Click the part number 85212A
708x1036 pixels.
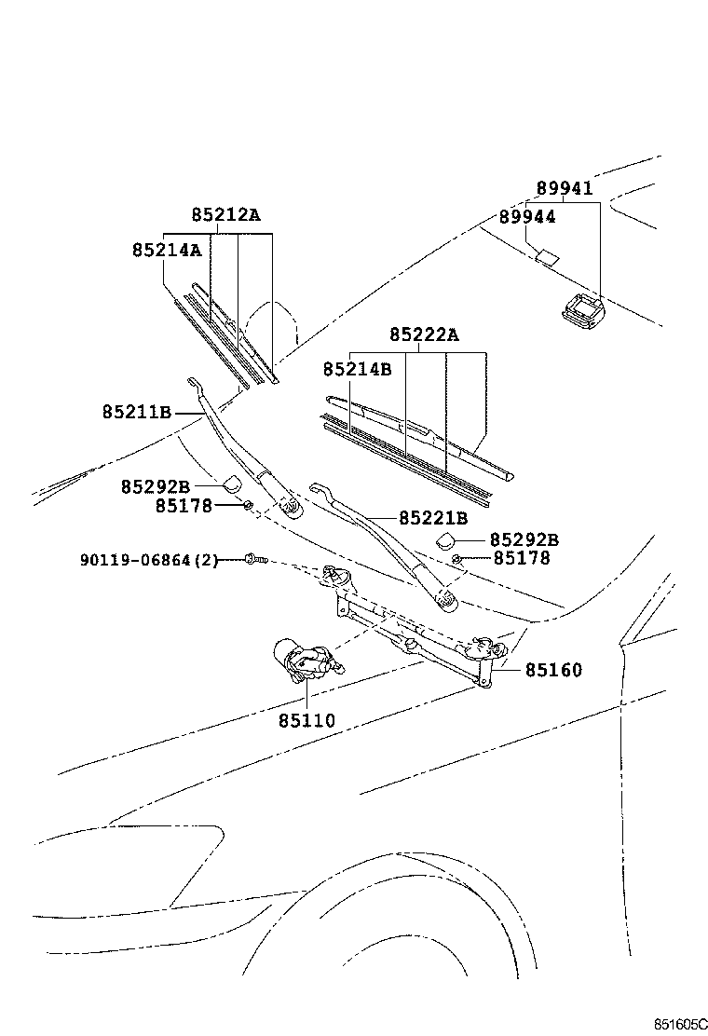click(225, 215)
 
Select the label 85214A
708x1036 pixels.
click(167, 250)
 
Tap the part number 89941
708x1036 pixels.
click(564, 188)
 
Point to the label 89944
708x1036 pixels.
click(526, 216)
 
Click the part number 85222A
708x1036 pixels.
click(424, 334)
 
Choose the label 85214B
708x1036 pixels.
click(357, 369)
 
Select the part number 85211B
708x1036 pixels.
click(138, 411)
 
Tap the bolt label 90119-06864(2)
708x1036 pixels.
click(149, 560)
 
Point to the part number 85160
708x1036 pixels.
click(552, 669)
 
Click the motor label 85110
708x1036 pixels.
click(306, 720)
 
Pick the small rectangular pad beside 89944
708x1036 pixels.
click(548, 254)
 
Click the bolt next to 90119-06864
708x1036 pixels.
click(254, 559)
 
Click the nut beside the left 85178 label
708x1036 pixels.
click(248, 505)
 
